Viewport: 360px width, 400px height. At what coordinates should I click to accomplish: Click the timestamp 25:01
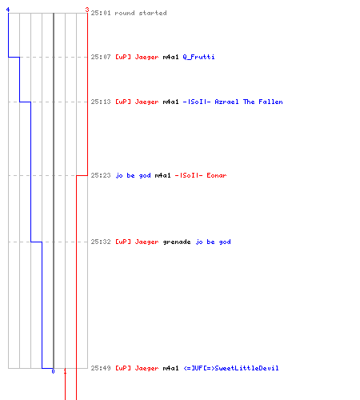pyautogui.click(x=101, y=13)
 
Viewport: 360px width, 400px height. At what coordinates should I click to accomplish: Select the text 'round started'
pyautogui.click(x=141, y=13)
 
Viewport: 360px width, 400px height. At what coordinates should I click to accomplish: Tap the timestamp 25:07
pyautogui.click(x=101, y=57)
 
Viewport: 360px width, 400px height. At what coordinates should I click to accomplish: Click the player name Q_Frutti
pyautogui.click(x=198, y=57)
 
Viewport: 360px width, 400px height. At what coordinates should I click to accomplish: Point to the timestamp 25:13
pyautogui.click(x=101, y=102)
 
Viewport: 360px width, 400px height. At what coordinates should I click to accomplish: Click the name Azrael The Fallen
pyautogui.click(x=249, y=102)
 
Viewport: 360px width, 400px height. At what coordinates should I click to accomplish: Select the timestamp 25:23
pyautogui.click(x=101, y=175)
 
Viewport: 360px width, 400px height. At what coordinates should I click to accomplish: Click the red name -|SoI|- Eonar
pyautogui.click(x=201, y=175)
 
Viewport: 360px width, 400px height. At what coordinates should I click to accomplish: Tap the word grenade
pyautogui.click(x=177, y=242)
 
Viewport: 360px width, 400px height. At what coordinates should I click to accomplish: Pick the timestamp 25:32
pyautogui.click(x=101, y=242)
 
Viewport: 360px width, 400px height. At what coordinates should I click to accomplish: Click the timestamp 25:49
pyautogui.click(x=101, y=368)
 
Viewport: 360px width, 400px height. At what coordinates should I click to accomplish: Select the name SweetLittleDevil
pyautogui.click(x=246, y=368)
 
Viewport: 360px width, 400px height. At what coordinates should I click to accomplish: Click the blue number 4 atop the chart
pyautogui.click(x=8, y=10)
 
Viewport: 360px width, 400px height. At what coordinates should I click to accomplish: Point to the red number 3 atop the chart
pyautogui.click(x=87, y=10)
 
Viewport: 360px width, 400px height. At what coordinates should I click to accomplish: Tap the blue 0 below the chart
pyautogui.click(x=53, y=371)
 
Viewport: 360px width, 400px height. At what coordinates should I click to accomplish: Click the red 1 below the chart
pyautogui.click(x=65, y=371)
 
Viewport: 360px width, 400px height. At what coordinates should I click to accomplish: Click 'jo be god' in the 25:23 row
pyautogui.click(x=133, y=175)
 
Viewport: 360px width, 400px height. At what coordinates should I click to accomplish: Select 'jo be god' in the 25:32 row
pyautogui.click(x=213, y=242)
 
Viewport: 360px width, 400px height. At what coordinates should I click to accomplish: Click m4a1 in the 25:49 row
pyautogui.click(x=170, y=368)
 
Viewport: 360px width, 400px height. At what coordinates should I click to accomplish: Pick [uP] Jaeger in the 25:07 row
pyautogui.click(x=137, y=57)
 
